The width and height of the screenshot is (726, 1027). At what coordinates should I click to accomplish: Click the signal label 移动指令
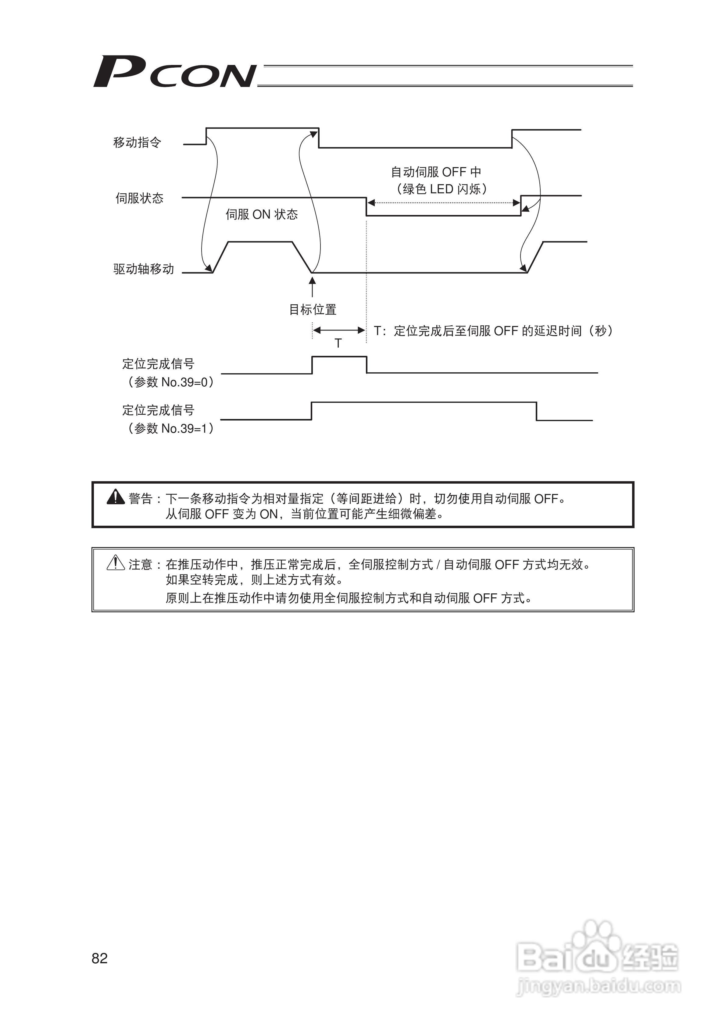[x=137, y=143]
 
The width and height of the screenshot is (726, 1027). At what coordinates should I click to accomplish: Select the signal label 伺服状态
[x=140, y=198]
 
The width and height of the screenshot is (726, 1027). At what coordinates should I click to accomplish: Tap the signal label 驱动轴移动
[x=144, y=269]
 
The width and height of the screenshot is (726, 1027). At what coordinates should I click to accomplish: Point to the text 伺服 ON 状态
[x=261, y=215]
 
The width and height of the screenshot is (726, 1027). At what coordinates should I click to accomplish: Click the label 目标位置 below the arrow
[x=313, y=310]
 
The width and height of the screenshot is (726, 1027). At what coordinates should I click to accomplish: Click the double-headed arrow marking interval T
[x=339, y=331]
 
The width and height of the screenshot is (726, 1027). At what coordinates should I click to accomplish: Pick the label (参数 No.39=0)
[x=170, y=382]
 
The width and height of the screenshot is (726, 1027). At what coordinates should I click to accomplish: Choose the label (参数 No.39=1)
[x=170, y=428]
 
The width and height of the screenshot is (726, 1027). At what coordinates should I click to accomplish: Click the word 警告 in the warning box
[x=141, y=499]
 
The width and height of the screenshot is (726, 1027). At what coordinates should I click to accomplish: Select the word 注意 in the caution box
[x=141, y=565]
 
